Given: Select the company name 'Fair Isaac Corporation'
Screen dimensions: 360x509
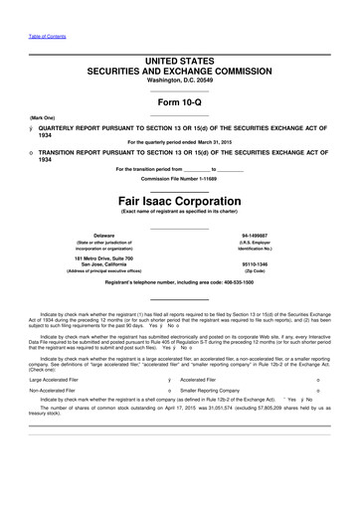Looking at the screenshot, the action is [180, 198].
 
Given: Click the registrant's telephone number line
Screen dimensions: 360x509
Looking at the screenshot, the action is [180, 286].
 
